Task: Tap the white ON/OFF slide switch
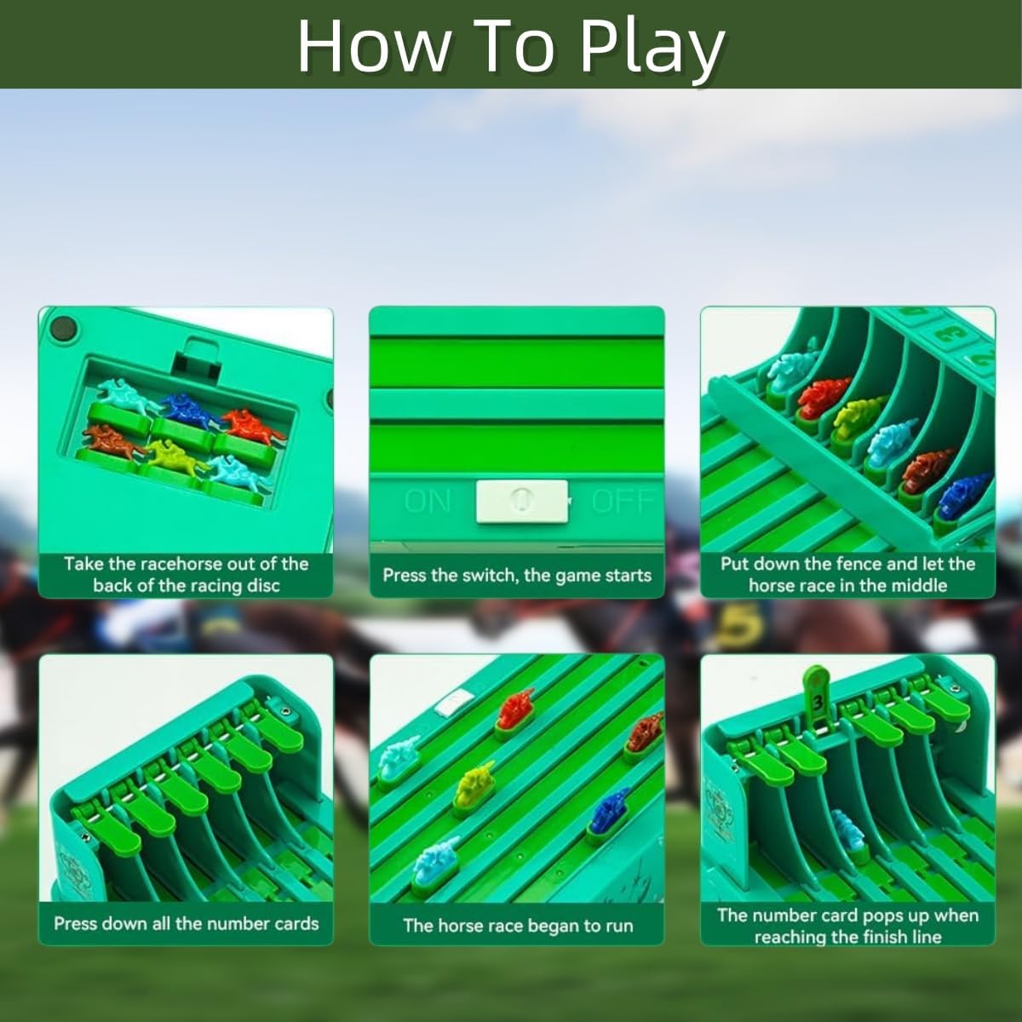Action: [521, 500]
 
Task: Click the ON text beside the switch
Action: [428, 501]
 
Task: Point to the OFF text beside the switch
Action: [622, 501]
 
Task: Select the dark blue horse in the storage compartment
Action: [189, 409]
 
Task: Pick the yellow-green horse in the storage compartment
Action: [176, 456]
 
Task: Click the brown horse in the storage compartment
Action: [112, 441]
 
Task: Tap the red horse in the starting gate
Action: [824, 396]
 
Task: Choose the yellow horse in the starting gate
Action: [858, 417]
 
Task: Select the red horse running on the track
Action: [516, 709]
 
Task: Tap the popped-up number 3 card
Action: [817, 699]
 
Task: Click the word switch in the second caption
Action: [491, 575]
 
